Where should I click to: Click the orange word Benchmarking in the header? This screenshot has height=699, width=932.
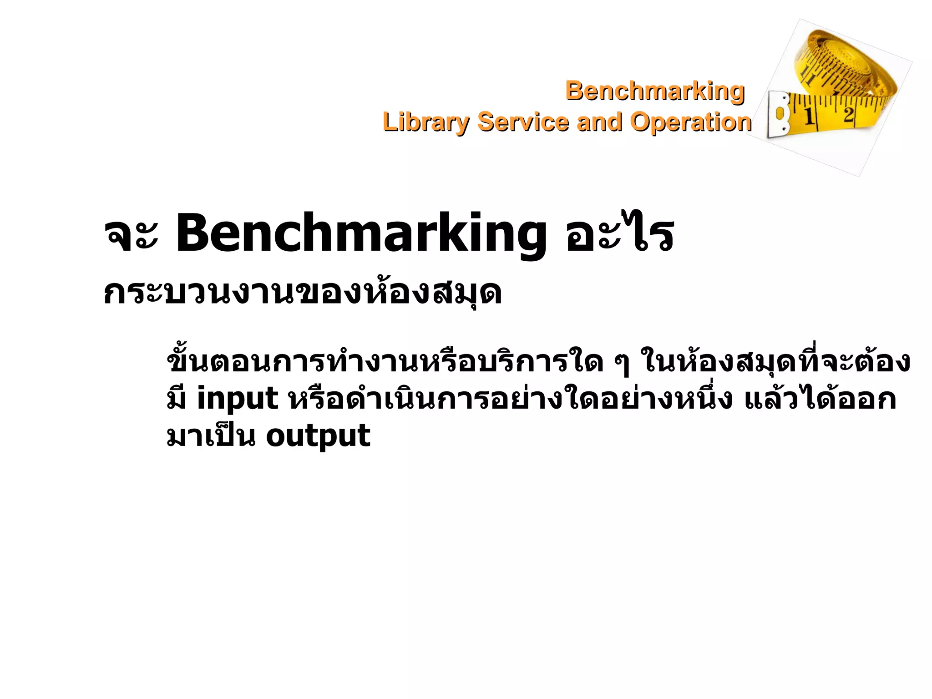coord(655,91)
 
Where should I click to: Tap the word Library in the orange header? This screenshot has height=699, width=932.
coord(425,122)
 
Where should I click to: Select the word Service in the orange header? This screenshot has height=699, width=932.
coord(523,122)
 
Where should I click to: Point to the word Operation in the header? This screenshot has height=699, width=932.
coord(690,122)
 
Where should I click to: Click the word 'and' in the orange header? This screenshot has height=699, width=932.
coord(598,122)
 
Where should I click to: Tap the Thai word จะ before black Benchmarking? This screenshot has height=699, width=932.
coord(131,237)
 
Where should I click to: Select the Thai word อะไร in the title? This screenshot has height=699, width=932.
coord(619,234)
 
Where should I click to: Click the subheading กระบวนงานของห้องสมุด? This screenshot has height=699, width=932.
coord(303,294)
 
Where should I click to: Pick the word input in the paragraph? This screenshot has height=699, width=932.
coord(238,399)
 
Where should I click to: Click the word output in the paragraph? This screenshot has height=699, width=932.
coord(318,436)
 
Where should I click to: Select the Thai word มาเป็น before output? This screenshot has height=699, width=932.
coord(211,436)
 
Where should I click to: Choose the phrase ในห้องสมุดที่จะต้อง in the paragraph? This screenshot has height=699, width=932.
coord(775,362)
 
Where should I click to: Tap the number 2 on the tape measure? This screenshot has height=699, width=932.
coord(848,114)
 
